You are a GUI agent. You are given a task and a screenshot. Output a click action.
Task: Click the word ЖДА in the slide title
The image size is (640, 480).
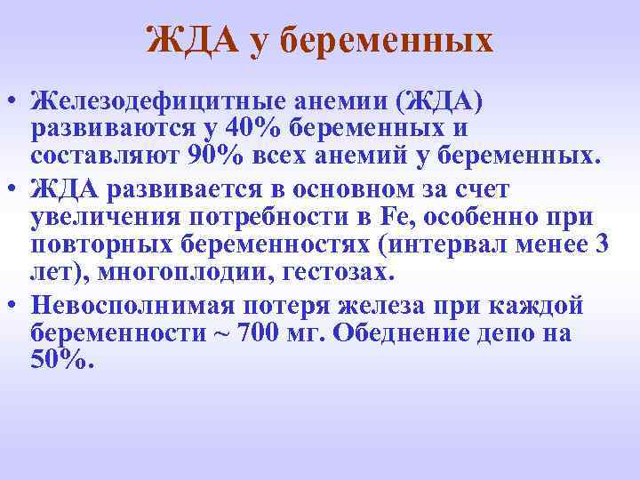189,40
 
